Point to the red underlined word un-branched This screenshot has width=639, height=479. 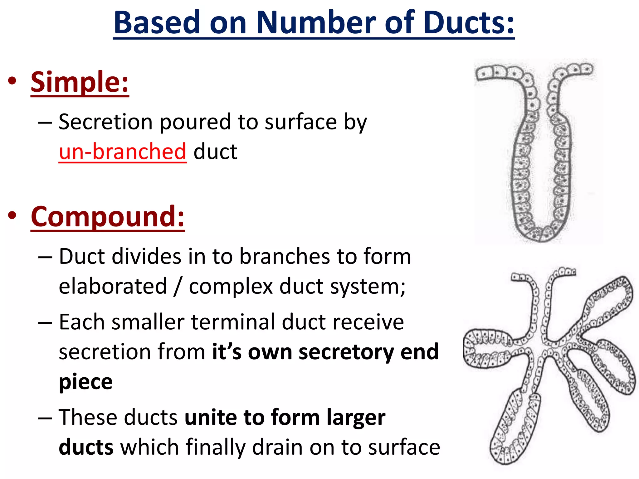point(123,152)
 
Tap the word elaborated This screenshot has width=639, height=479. point(113,286)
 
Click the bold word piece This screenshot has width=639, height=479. point(86,382)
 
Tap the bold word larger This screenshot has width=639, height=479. point(356,418)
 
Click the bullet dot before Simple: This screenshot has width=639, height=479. point(12,81)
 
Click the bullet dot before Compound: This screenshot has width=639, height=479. point(12,216)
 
